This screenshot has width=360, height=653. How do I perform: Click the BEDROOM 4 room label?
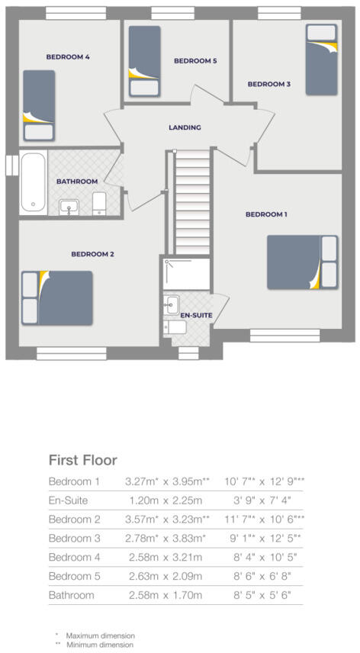coord(68,56)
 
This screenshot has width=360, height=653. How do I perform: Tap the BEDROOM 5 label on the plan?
coord(195,61)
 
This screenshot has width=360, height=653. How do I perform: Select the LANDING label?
coord(185,127)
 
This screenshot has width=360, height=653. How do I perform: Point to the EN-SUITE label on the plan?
coord(196,314)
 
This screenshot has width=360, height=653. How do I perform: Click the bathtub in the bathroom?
coord(33,182)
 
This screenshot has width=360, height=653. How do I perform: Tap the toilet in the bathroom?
coord(98,202)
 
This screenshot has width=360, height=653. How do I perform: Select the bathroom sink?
coord(69,205)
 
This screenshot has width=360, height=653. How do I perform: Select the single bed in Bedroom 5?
coord(143,60)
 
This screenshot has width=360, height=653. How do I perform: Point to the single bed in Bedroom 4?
coord(38,105)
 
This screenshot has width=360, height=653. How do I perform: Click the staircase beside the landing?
coord(190,202)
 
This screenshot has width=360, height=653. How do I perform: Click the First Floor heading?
coord(82,460)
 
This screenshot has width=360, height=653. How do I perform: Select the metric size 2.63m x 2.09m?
coord(162,576)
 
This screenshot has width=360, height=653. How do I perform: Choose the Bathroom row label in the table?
coord(71,594)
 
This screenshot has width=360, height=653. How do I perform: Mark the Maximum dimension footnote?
coord(99,635)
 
